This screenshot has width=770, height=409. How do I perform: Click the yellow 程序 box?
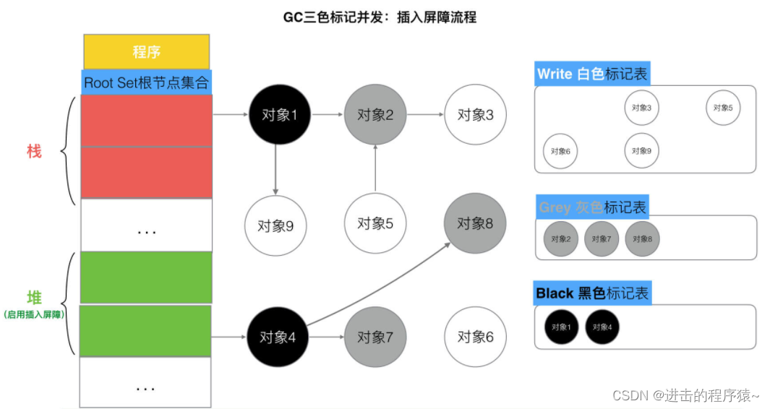[146, 52]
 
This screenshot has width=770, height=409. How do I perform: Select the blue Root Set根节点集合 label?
[147, 82]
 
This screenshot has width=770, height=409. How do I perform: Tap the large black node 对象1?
[275, 114]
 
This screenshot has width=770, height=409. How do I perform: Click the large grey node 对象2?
[374, 114]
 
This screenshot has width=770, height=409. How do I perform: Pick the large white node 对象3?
[475, 114]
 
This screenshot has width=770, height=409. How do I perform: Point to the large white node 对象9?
[275, 225]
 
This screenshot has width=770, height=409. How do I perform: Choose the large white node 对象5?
[375, 223]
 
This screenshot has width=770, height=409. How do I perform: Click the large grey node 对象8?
[475, 223]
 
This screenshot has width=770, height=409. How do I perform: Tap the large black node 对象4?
[275, 337]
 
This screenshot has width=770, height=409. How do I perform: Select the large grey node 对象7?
[375, 337]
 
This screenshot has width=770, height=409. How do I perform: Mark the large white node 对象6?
[475, 337]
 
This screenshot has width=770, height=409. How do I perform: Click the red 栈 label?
[34, 151]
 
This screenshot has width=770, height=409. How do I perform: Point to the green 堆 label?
[34, 298]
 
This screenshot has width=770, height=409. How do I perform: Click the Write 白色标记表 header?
[592, 74]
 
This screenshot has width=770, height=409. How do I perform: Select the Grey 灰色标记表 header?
[592, 207]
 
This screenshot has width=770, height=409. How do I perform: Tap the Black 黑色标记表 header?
[592, 293]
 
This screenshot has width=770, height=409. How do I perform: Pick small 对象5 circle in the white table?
[723, 108]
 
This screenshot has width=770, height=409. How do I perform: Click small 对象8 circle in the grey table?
[642, 238]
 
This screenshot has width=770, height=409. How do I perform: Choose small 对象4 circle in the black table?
[602, 327]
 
